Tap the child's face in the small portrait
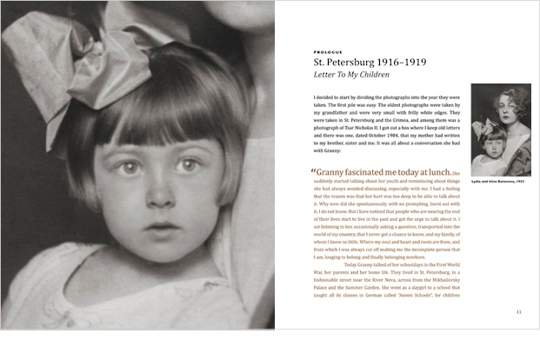click(490, 139)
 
